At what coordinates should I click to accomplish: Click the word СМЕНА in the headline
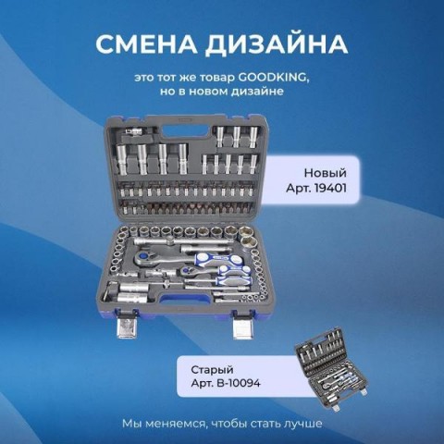(145, 44)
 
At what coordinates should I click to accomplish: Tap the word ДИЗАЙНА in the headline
(277, 45)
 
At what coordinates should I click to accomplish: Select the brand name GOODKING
(273, 78)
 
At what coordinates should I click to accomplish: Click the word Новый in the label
(326, 173)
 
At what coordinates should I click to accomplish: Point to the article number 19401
(330, 188)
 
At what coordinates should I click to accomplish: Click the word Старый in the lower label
(212, 370)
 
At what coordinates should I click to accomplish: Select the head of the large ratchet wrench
(143, 257)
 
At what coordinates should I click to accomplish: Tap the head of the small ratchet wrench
(187, 272)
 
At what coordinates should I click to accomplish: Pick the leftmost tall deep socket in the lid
(122, 160)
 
